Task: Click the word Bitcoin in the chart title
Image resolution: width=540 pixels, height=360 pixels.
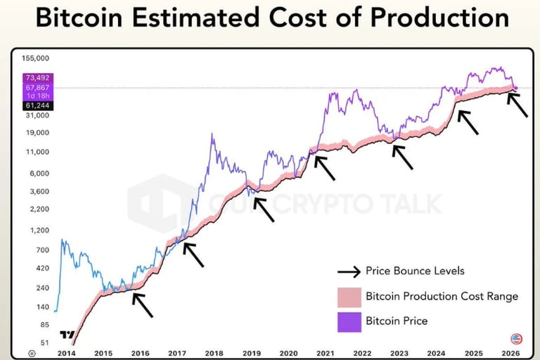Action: [81, 18]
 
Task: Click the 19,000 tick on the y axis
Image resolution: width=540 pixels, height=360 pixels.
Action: [37, 133]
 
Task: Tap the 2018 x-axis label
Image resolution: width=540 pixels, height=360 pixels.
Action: [214, 353]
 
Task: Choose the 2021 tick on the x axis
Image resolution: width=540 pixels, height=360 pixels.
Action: [325, 353]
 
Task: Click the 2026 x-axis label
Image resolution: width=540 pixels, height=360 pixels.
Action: [510, 353]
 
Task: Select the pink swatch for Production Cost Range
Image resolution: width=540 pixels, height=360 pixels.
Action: [349, 296]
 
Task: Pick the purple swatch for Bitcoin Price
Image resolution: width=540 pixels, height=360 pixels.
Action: [349, 321]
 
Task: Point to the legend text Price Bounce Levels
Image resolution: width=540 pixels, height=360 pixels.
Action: [415, 271]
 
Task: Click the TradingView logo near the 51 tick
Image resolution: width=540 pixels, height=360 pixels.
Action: [67, 335]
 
